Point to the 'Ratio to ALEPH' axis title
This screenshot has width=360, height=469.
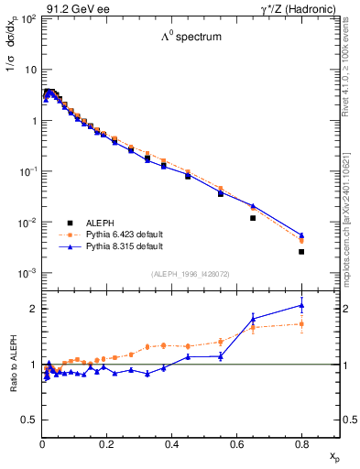coord(15,365)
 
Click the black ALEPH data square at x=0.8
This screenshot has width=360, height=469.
coord(301,252)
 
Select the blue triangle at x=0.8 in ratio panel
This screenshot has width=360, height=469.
coord(301,306)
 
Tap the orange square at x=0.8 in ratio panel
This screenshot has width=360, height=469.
coord(301,323)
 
